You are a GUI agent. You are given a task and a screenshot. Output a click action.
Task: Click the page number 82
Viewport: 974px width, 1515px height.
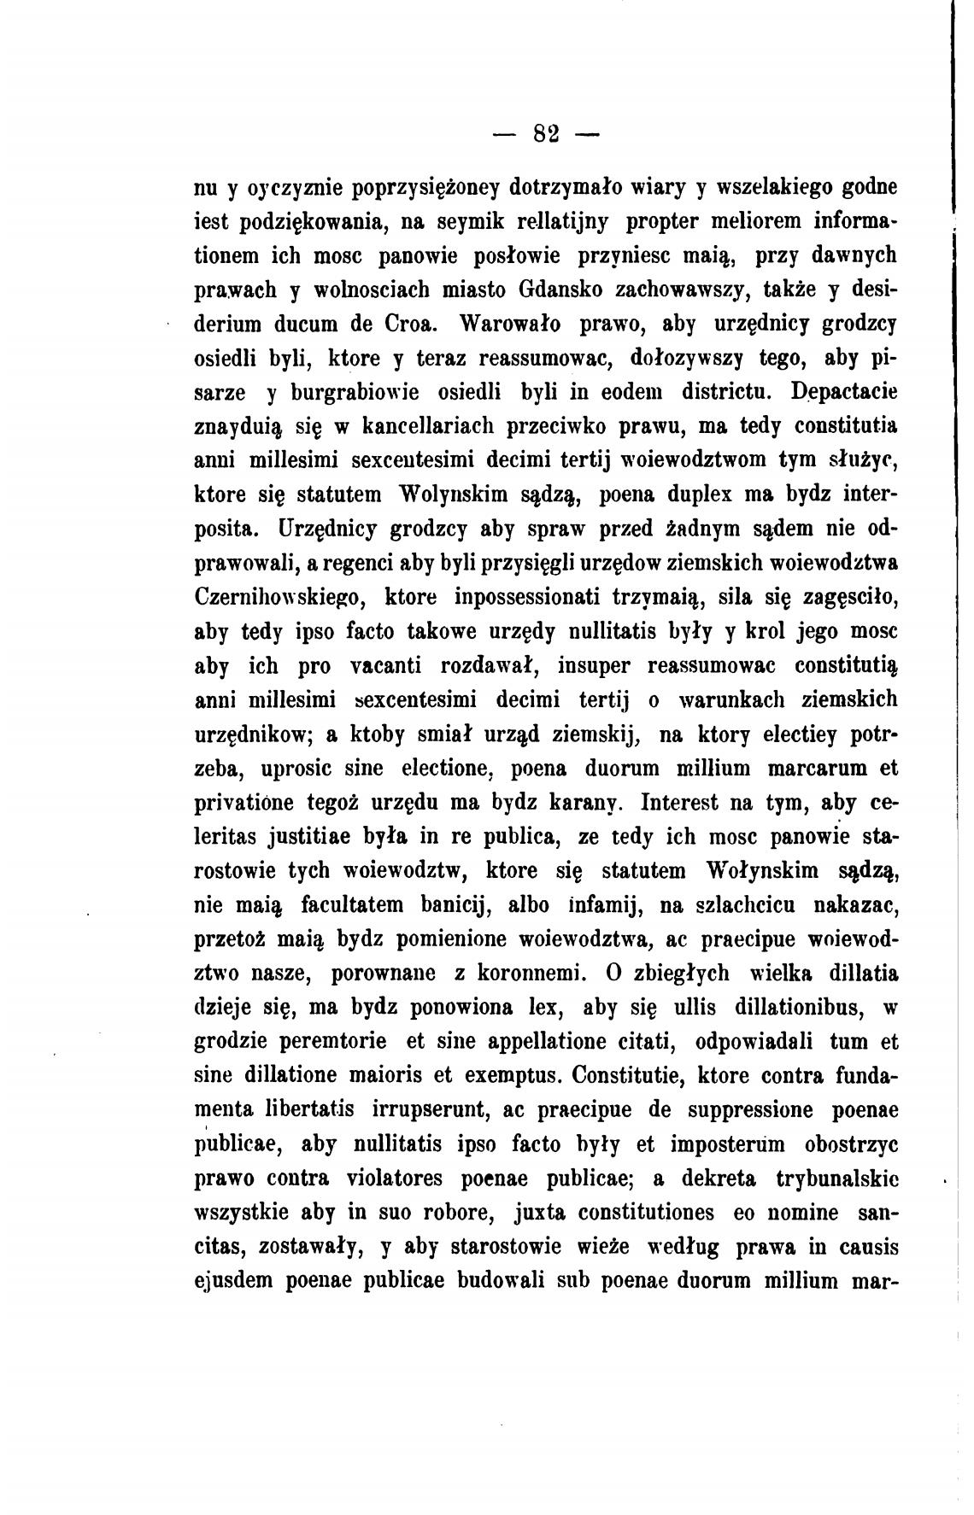[x=545, y=133]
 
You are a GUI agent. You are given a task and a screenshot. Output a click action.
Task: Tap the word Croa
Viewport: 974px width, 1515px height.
[x=414, y=325]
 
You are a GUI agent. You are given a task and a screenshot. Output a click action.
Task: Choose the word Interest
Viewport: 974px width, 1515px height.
[x=692, y=804]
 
